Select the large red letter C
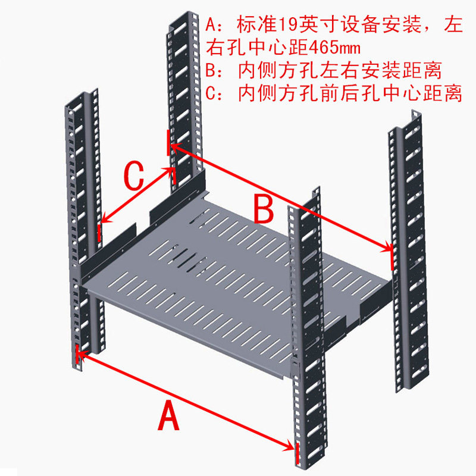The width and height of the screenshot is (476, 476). (134, 176)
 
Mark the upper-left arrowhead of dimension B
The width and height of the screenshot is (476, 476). (173, 145)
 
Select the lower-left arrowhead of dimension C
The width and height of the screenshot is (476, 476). (103, 221)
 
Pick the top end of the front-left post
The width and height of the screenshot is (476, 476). (80, 94)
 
